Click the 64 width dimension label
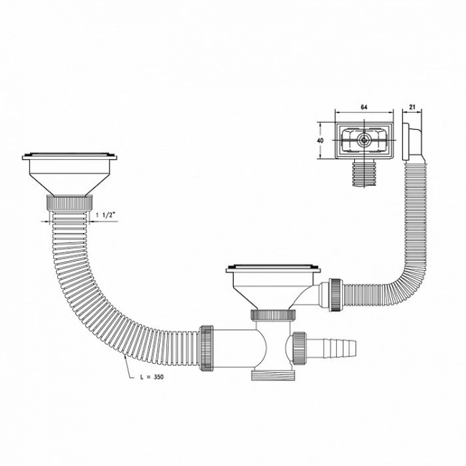point(363,108)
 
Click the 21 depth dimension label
point(412,108)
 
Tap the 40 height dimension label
point(320,141)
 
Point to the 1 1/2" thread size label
point(105,215)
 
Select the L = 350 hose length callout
point(152,377)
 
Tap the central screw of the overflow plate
point(363,140)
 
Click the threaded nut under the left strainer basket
point(70,203)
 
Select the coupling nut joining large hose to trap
point(206,348)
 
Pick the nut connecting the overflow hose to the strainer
point(336,295)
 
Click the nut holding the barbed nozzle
point(299,348)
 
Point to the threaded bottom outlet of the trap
point(273,375)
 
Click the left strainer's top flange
point(70,156)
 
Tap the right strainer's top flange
point(273,269)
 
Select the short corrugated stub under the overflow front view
point(364,173)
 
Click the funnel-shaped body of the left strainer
point(70,178)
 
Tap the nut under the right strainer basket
point(273,315)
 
